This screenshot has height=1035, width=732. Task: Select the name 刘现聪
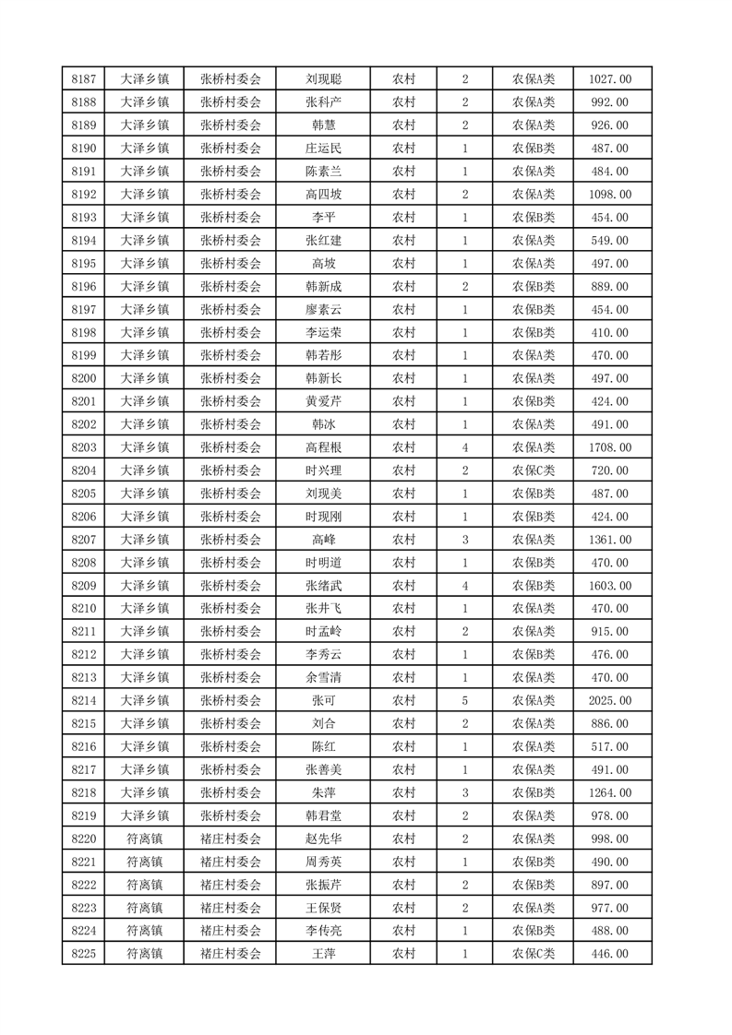pyautogui.click(x=324, y=79)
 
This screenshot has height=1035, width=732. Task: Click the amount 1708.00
pyautogui.click(x=609, y=447)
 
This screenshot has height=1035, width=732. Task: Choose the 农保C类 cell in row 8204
pyautogui.click(x=533, y=470)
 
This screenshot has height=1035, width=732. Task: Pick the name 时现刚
pyautogui.click(x=324, y=517)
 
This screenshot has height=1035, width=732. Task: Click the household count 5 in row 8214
pyautogui.click(x=465, y=700)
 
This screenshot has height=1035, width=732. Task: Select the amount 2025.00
pyautogui.click(x=609, y=700)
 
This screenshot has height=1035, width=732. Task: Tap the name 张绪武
pyautogui.click(x=324, y=586)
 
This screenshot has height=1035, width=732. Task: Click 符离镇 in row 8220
pyautogui.click(x=145, y=839)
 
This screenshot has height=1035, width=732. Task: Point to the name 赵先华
pyautogui.click(x=324, y=839)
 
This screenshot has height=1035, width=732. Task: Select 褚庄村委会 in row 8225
pyautogui.click(x=231, y=954)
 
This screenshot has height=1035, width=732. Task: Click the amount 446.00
pyautogui.click(x=609, y=954)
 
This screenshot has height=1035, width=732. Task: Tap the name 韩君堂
pyautogui.click(x=324, y=815)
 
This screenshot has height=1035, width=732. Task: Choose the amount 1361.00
pyautogui.click(x=609, y=540)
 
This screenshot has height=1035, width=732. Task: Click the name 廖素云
pyautogui.click(x=324, y=310)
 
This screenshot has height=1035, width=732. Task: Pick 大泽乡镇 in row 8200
pyautogui.click(x=145, y=378)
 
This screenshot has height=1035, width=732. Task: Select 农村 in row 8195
pyautogui.click(x=403, y=264)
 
